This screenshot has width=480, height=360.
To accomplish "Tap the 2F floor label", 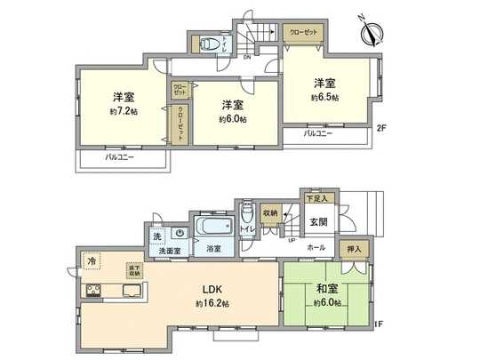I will pyautogui.click(x=380, y=127).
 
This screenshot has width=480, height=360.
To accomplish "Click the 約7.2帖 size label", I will pyautogui.click(x=122, y=110).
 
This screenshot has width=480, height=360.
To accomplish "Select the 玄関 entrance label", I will pyautogui.click(x=320, y=220).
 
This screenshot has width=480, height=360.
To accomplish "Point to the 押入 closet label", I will pyautogui.click(x=352, y=250).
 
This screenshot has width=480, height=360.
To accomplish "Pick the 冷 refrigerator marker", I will pyautogui.click(x=92, y=261).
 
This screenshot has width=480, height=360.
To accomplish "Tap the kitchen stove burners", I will pyautogui.click(x=93, y=291).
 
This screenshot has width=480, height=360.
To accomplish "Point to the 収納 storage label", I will pyautogui.click(x=270, y=213).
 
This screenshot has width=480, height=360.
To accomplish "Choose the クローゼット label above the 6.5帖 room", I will pyautogui.click(x=300, y=31).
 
